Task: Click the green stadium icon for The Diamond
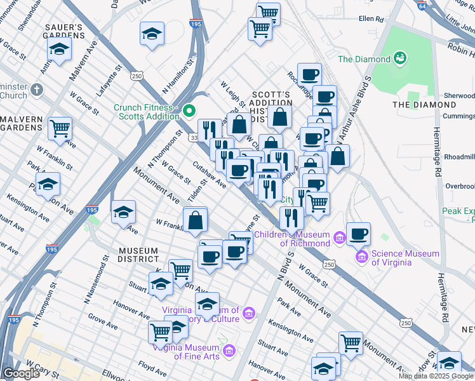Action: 400,59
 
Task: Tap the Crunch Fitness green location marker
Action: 189,112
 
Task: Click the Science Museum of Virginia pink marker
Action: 362,257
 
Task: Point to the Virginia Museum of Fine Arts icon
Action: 229,351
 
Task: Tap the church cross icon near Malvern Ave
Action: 36,90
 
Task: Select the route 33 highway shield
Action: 193,137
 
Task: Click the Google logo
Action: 22,373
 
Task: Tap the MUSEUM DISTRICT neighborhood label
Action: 138,254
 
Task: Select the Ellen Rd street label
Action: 371,19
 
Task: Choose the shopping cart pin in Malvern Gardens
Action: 60,128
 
